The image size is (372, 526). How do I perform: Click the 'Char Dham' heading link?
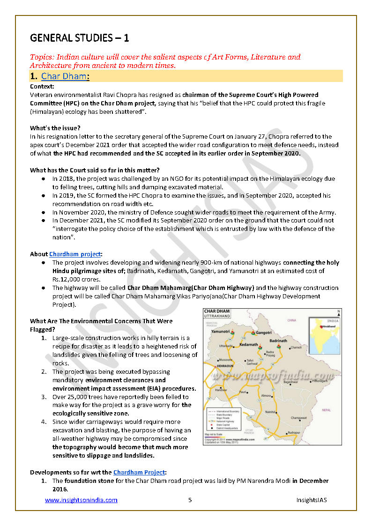64,76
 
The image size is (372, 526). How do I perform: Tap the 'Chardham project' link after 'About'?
75,254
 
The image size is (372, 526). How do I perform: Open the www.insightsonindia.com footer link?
81,500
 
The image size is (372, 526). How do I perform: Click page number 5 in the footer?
190,500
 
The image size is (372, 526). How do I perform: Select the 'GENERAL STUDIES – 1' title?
79,37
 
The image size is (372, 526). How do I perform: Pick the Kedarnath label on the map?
249,345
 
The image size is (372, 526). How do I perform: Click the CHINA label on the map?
292,320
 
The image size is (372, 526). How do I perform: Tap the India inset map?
324,335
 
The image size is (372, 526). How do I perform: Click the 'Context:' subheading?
42,87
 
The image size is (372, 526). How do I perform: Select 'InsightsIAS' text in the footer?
311,500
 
